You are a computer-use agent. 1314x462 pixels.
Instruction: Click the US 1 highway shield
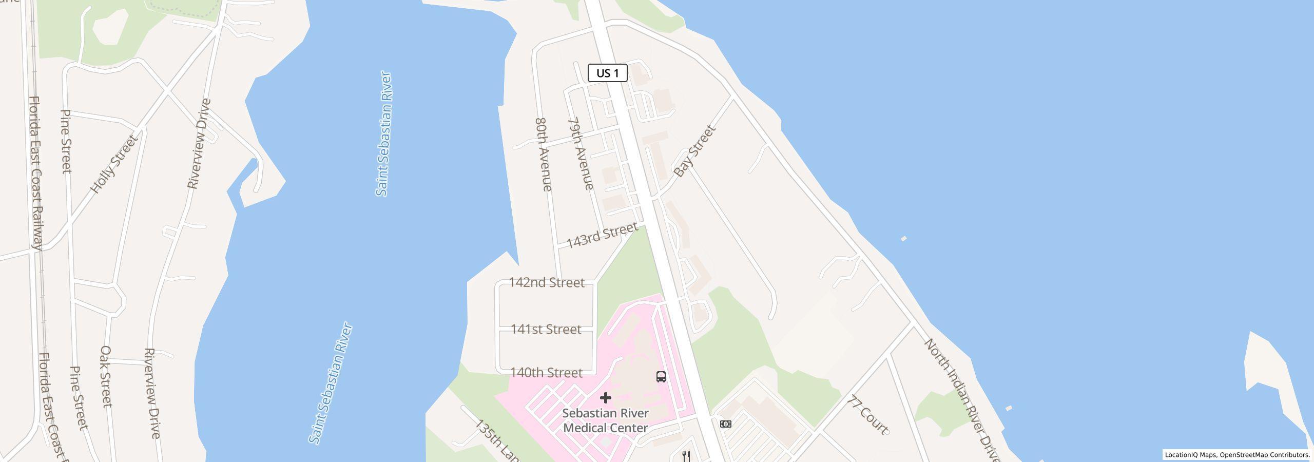(x=607, y=73)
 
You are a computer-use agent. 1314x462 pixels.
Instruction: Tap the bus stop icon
(x=661, y=377)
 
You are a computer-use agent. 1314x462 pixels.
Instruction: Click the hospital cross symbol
(x=606, y=398)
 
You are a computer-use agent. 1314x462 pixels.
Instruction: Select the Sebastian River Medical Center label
(x=606, y=420)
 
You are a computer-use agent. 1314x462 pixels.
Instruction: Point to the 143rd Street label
(x=602, y=235)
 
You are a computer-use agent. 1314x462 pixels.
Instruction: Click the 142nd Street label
(x=547, y=282)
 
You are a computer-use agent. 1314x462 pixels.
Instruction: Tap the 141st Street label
(x=546, y=329)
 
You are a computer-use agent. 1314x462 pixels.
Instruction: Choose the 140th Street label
(x=547, y=373)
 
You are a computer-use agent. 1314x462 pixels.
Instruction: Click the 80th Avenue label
(x=544, y=155)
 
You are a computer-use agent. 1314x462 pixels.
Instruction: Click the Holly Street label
(x=114, y=164)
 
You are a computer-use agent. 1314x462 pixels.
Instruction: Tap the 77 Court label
(x=869, y=414)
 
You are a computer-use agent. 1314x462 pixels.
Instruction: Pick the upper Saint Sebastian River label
(x=384, y=133)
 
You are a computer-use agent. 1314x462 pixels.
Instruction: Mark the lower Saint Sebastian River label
(x=331, y=383)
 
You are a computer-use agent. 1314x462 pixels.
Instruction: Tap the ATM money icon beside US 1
(x=726, y=424)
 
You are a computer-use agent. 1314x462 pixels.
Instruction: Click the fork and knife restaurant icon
(x=686, y=455)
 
